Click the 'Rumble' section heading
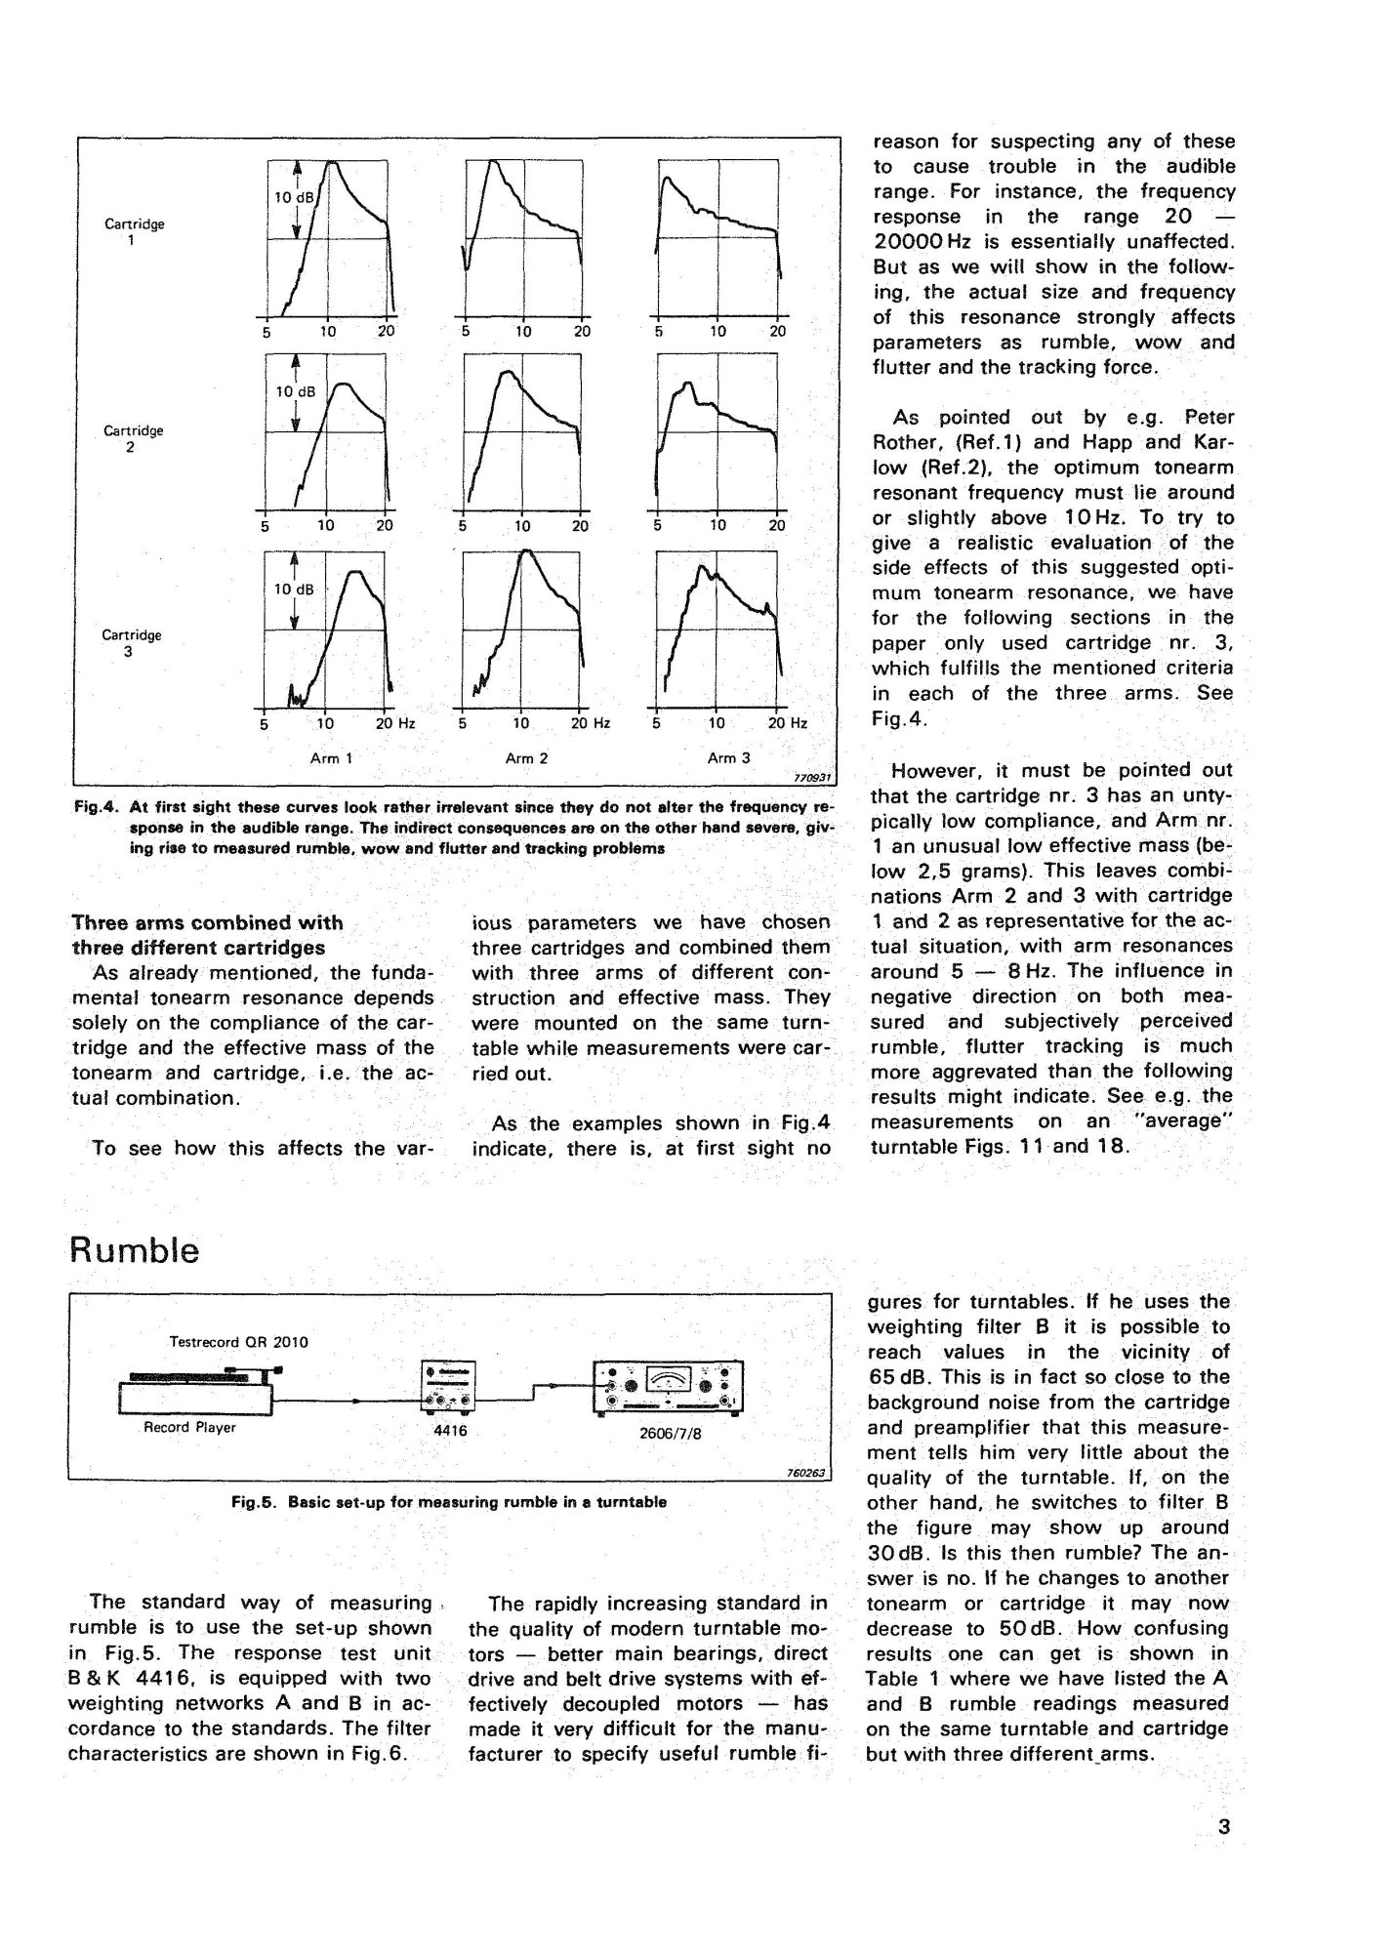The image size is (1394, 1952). pos(135,1250)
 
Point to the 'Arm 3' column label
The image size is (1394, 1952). pos(721,757)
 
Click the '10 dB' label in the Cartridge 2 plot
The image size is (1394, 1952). pos(294,392)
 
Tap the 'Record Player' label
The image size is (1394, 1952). pos(189,1427)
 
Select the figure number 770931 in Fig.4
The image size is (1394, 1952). pos(812,778)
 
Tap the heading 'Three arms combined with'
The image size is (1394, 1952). pos(208,922)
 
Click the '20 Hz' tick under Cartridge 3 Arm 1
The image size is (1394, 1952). pos(395,723)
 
